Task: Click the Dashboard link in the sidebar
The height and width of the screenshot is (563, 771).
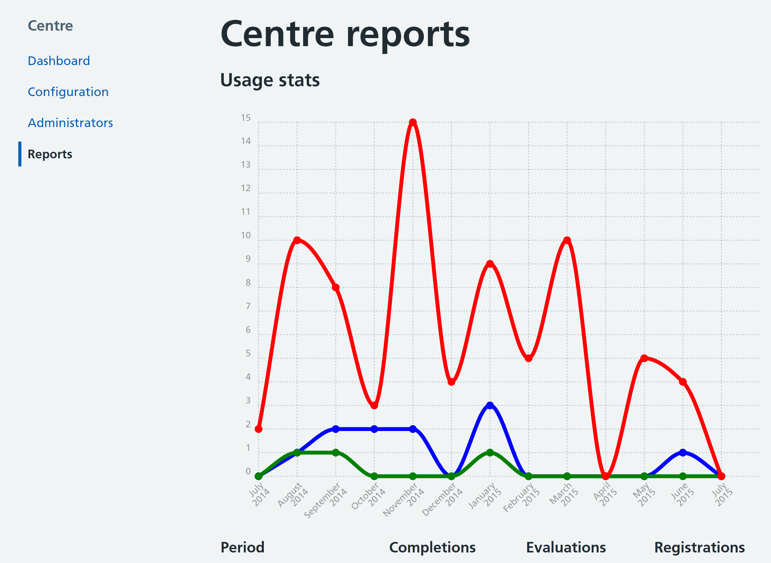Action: [59, 61]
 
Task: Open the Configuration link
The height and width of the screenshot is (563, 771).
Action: [68, 92]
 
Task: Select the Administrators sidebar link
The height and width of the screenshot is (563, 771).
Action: [70, 123]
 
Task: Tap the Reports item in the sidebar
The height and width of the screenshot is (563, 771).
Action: [50, 154]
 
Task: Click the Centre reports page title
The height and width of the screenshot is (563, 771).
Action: [345, 34]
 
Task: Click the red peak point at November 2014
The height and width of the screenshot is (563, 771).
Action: [413, 122]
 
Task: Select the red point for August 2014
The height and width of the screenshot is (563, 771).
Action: [297, 240]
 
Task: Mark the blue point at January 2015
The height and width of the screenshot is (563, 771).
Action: [490, 406]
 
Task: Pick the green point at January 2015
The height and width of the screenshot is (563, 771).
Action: [490, 453]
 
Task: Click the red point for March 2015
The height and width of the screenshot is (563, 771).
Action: [567, 240]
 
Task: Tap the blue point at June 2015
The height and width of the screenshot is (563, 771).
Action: [683, 453]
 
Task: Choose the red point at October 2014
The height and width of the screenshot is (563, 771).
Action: [374, 406]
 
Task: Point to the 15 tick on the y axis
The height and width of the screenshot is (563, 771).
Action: [246, 118]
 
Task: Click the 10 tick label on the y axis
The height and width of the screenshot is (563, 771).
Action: [246, 235]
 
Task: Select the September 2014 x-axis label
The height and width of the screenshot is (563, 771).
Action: [326, 499]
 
